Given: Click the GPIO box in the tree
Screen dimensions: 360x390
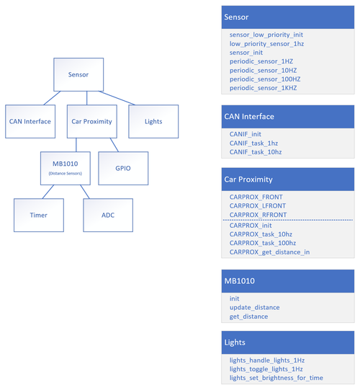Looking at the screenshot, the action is coord(123,168).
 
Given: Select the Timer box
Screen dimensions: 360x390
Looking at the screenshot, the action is coord(39,215).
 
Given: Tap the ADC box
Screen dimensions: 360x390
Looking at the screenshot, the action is coord(108,215).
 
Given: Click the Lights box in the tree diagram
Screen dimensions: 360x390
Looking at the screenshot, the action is coord(153,121).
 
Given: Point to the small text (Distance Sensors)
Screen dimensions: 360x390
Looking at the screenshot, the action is coord(66,173).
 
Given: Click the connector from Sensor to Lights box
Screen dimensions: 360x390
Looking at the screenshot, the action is coord(117,98).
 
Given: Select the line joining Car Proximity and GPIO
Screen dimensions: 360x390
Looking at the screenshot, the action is coord(114,145).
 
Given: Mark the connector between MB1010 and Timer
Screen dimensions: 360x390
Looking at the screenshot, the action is coord(48,192).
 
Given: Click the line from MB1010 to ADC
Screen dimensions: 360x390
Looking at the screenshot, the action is coord(85,192).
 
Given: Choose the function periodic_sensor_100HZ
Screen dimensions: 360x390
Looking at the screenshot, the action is coord(265,79).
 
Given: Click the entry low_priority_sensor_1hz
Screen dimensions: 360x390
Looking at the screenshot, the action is coord(266,44).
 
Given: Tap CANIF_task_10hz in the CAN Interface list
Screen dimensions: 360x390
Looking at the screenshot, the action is coord(256,152).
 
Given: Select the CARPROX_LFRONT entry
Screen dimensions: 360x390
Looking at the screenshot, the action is coord(257,205).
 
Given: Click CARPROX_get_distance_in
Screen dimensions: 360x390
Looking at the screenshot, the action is coord(269,252).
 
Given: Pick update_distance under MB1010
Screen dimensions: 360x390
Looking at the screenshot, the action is coord(254,307).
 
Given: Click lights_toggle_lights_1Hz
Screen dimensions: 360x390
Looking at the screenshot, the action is coord(266,369).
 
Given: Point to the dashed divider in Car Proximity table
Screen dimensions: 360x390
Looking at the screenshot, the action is coord(288,220).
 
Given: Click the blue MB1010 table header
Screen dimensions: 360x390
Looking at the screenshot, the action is coord(288,281).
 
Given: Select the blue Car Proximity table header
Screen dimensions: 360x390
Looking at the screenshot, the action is coord(288,180).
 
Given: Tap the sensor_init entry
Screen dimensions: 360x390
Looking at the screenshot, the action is coord(246,53).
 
